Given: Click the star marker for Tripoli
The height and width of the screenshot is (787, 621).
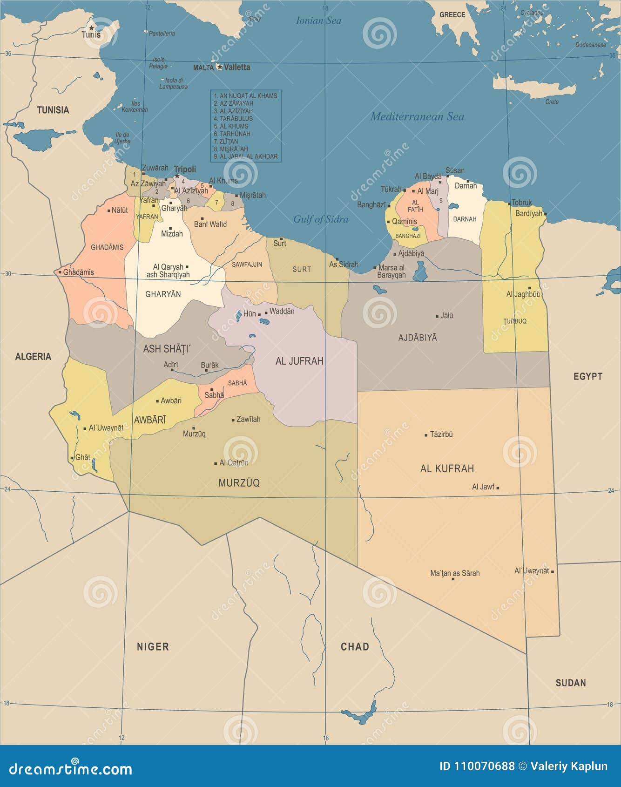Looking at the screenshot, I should pyautogui.click(x=177, y=176).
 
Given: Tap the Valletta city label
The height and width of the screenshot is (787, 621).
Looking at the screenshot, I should pyautogui.click(x=237, y=67).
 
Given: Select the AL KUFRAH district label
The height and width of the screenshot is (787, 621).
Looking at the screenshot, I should pyautogui.click(x=447, y=468).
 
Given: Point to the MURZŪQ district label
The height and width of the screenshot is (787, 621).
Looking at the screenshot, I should pyautogui.click(x=239, y=483).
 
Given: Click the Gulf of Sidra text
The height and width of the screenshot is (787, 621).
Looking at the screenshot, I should pyautogui.click(x=321, y=219).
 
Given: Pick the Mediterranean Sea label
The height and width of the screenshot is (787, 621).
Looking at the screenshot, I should pyautogui.click(x=417, y=116).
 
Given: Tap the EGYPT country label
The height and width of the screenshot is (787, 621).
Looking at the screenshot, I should pyautogui.click(x=587, y=376).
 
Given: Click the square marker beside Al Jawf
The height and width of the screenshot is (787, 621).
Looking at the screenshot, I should pyautogui.click(x=498, y=488).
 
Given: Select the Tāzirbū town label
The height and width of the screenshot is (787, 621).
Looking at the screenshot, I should pyautogui.click(x=441, y=434).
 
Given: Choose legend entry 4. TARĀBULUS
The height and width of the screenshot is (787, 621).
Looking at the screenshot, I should pyautogui.click(x=233, y=118).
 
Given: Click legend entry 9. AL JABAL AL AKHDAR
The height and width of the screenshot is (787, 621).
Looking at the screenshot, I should pyautogui.click(x=245, y=156).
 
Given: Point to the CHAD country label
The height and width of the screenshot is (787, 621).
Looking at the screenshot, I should pyautogui.click(x=355, y=646).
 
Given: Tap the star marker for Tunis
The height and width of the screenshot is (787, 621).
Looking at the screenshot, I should pyautogui.click(x=91, y=28).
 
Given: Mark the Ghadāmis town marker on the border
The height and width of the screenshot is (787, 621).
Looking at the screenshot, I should pyautogui.click(x=60, y=272).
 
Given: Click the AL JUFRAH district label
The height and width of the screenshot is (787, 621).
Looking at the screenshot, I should pyautogui.click(x=299, y=361).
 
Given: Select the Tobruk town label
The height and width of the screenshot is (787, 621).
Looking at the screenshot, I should pyautogui.click(x=521, y=203).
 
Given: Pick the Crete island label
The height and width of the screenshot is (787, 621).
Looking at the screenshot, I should pyautogui.click(x=552, y=102).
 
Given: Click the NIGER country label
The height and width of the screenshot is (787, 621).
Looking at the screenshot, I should pyautogui.click(x=153, y=646).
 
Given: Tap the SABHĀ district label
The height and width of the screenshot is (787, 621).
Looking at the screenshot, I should pyautogui.click(x=237, y=383).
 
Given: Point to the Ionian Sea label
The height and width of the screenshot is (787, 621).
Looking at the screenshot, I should pyautogui.click(x=318, y=20).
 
